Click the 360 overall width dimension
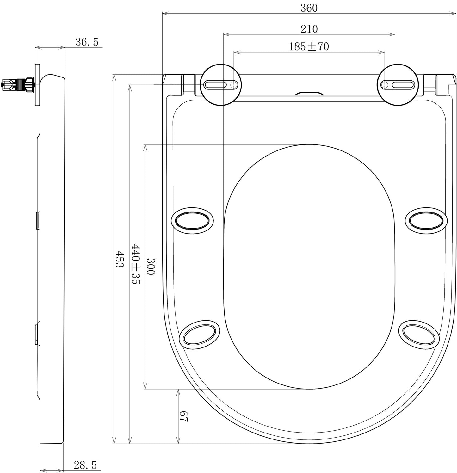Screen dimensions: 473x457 pos(309,8)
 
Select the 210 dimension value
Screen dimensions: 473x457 pos(309,29)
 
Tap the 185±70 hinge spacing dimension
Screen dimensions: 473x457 pos(309,47)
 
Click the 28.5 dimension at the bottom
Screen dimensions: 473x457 pos(85,465)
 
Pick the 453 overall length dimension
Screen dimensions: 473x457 pos(119,259)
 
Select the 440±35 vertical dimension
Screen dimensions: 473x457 pos(135,264)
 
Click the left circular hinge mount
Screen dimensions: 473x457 pos(221,84)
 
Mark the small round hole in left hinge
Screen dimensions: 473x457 pos(234,85)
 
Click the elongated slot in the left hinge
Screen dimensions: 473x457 pos(215,85)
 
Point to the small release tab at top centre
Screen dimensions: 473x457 pos(309,94)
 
